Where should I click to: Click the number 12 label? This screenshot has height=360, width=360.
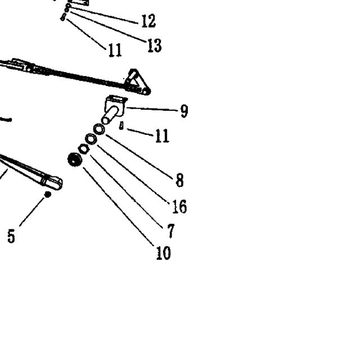(148, 21)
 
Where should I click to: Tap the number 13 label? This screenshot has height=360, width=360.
(154, 45)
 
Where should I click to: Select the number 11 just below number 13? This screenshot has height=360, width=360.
(115, 50)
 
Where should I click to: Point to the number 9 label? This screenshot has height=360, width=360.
(184, 111)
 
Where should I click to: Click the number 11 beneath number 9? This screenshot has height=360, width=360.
(163, 136)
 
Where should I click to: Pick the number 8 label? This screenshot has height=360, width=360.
(179, 180)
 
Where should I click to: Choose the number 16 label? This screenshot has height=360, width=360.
(179, 206)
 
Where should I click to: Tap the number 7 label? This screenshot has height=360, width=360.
(171, 231)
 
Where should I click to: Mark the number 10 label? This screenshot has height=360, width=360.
(163, 253)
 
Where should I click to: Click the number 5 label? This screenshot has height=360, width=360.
(11, 236)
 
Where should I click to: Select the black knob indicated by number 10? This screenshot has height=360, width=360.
(75, 159)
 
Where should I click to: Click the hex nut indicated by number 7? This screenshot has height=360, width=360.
(84, 149)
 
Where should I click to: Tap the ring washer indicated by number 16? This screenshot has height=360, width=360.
(91, 139)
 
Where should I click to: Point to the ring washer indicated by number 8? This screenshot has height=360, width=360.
(99, 129)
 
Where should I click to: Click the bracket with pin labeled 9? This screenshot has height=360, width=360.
(114, 109)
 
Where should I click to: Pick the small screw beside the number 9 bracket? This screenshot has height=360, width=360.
(121, 126)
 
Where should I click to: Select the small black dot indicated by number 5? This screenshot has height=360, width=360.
(47, 195)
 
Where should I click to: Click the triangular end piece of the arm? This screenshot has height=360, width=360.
(137, 82)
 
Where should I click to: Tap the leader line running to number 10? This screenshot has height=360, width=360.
(119, 206)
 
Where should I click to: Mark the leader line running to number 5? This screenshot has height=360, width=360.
(31, 211)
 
